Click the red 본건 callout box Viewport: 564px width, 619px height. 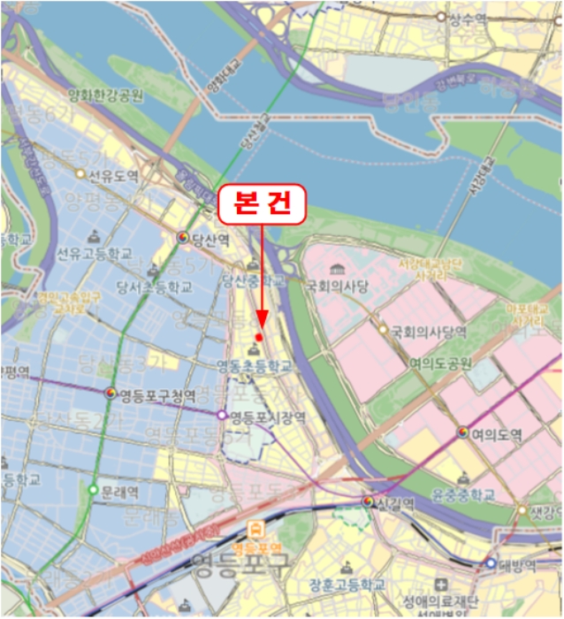point(261,204)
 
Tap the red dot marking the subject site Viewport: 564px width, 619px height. point(259,337)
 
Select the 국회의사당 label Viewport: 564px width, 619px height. point(337,287)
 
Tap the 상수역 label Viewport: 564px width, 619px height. point(468,17)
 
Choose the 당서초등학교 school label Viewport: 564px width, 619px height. point(154,287)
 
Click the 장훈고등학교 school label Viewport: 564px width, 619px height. point(347,585)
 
